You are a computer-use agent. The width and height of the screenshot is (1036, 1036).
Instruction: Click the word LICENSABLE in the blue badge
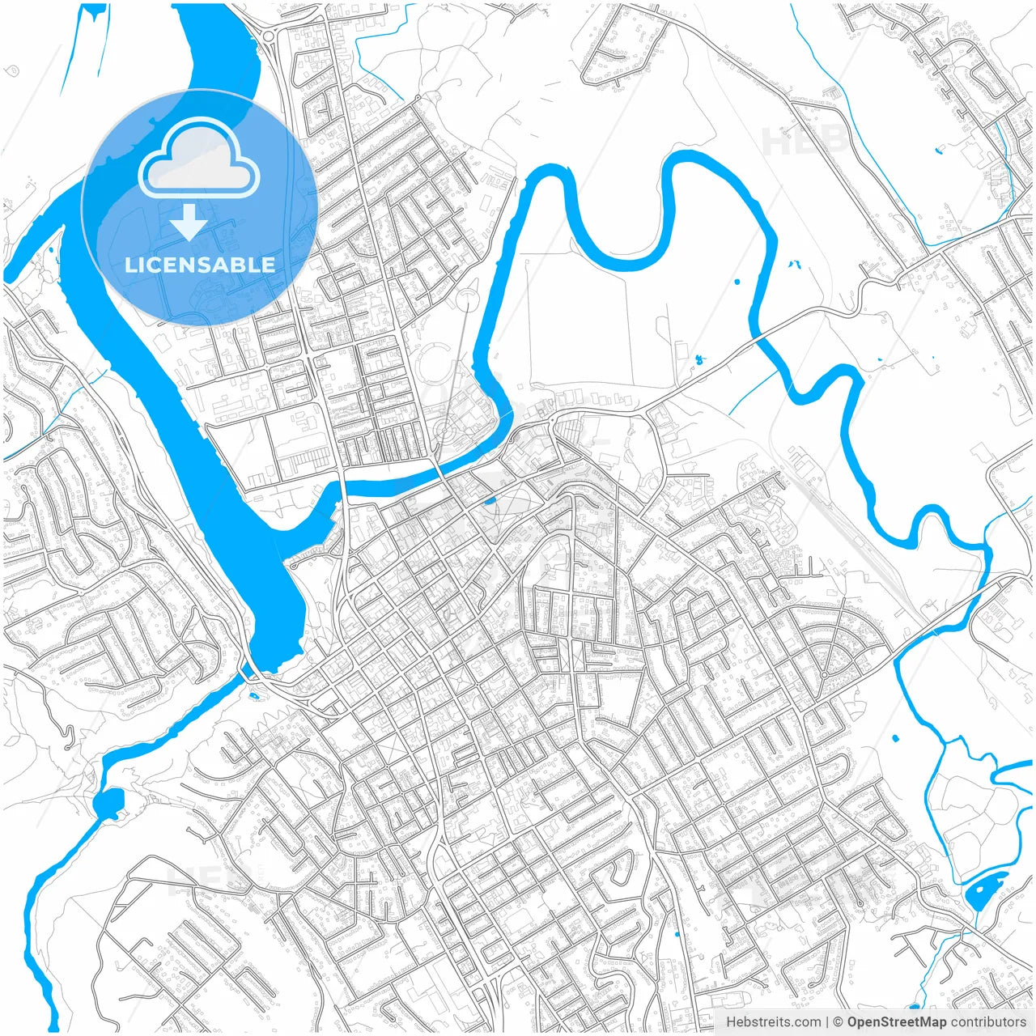(200, 265)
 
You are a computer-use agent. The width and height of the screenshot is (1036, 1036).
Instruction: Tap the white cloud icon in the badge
(199, 159)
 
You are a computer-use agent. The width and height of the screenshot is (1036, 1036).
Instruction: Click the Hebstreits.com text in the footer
(773, 1022)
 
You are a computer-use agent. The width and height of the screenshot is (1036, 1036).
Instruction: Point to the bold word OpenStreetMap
(897, 1022)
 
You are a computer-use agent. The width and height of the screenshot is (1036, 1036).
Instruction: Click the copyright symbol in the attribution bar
(839, 1022)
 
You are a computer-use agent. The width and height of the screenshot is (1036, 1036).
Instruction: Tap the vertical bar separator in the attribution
(827, 1022)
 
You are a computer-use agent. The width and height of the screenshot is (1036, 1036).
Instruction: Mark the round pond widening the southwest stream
(108, 802)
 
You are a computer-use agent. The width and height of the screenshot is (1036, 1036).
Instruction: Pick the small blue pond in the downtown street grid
(489, 500)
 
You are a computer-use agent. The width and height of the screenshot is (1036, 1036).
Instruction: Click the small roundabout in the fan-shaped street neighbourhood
(824, 674)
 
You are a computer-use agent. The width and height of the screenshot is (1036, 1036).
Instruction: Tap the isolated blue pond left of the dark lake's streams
(895, 738)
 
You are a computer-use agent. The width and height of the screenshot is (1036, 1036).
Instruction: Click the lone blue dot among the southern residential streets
(677, 935)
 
